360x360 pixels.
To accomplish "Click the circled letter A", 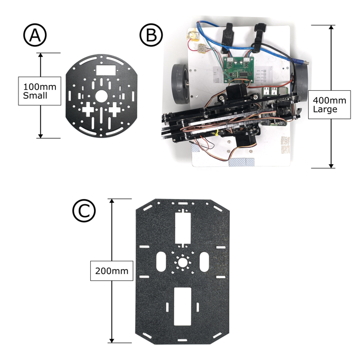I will tap(35, 35).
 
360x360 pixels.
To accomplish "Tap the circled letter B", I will tap(151, 35).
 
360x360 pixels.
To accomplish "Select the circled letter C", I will tap(84, 211).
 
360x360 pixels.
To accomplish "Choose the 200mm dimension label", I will tap(111, 271).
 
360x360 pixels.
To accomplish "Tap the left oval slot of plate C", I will tap(162, 261).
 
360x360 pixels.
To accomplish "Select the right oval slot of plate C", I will tap(205, 261).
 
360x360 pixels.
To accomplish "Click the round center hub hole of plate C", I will tap(183, 262).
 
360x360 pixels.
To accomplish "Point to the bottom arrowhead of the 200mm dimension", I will tap(112, 340).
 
